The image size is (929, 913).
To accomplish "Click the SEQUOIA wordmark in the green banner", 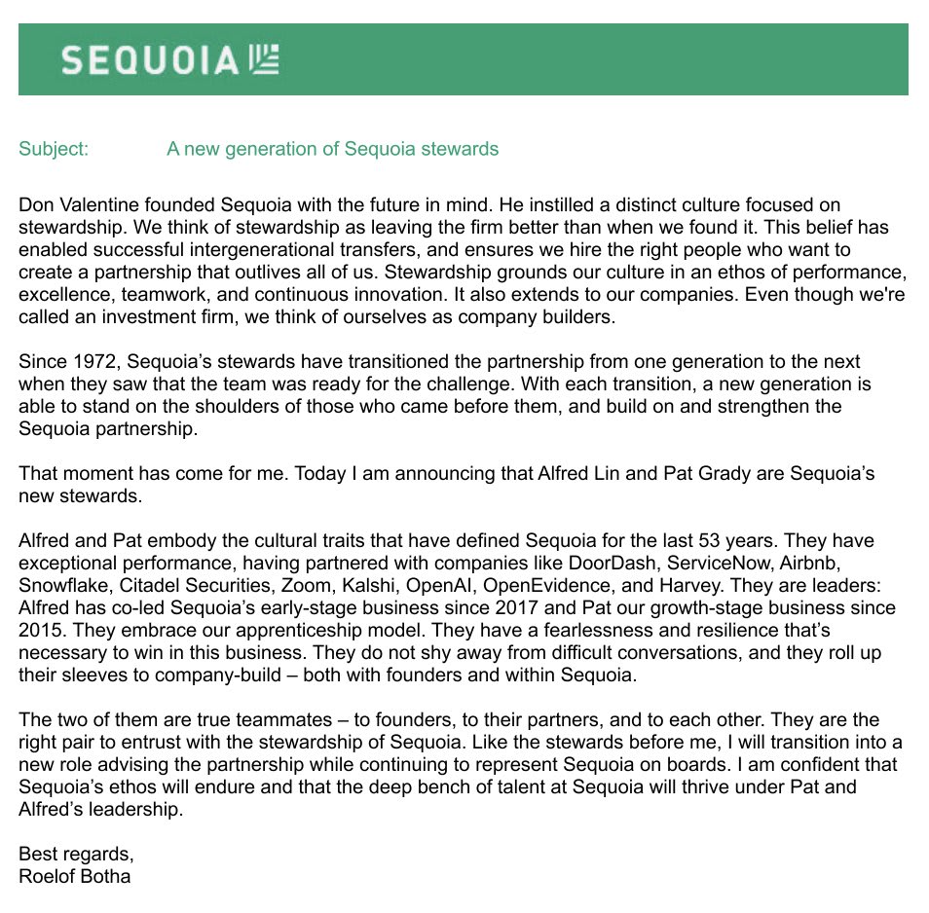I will (148, 60).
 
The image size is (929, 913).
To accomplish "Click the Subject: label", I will (54, 149).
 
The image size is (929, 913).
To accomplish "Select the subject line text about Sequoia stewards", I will (332, 149).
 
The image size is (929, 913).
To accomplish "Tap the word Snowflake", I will (58, 585).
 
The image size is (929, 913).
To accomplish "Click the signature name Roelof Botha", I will (74, 876).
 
